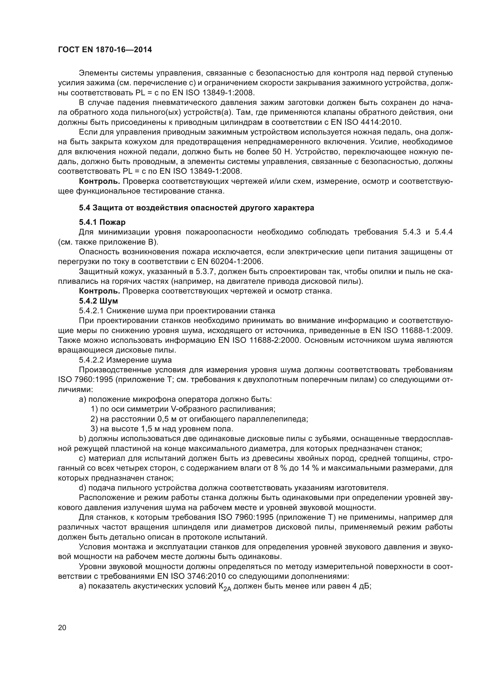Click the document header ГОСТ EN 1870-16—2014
point(105,50)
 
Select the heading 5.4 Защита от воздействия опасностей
point(196,208)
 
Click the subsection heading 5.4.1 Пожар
point(102,222)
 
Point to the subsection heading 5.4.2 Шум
point(98,301)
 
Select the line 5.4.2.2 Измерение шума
point(125,360)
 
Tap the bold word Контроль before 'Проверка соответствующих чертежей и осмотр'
point(99,291)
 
